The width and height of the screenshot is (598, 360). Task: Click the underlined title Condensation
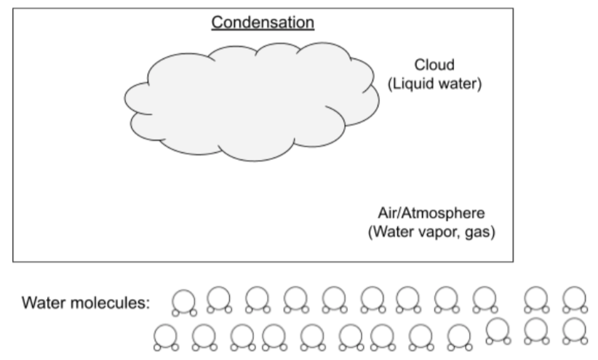coord(263,23)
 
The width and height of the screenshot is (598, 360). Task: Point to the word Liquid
coord(410,83)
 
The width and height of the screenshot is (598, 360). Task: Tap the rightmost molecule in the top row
coord(574,299)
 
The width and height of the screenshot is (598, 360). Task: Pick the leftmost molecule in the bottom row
coord(165,335)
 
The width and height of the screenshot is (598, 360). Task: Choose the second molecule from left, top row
coord(218,299)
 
